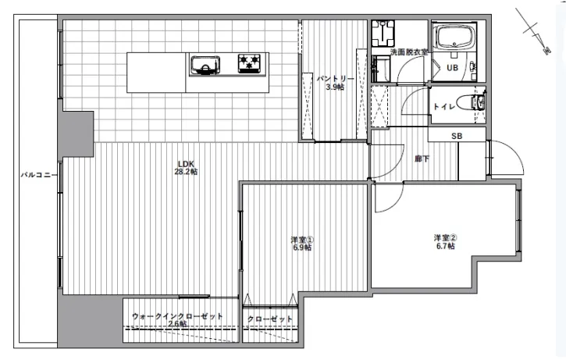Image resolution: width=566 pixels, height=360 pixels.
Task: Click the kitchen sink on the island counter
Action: [x=205, y=66]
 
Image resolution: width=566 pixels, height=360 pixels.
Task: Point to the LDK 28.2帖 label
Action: [x=186, y=168]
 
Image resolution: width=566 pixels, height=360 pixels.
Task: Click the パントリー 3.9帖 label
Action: [x=335, y=83]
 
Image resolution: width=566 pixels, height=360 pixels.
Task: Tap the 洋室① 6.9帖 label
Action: [x=302, y=244]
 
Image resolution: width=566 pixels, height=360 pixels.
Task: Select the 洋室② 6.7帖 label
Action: [x=446, y=242]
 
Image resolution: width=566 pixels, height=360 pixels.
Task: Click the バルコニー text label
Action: [x=38, y=175]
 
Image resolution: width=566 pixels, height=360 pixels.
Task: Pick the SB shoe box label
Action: [x=457, y=136]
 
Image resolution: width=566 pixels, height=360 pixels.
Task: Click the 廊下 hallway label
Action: [x=422, y=159]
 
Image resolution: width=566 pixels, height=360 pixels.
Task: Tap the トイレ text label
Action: [x=443, y=106]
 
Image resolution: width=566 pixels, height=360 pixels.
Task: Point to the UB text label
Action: [x=452, y=67]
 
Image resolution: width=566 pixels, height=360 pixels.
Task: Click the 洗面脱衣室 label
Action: [x=409, y=52]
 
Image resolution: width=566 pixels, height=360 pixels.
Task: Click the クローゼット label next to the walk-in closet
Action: [x=270, y=319]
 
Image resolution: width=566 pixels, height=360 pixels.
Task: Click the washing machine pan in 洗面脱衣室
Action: [x=383, y=34]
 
